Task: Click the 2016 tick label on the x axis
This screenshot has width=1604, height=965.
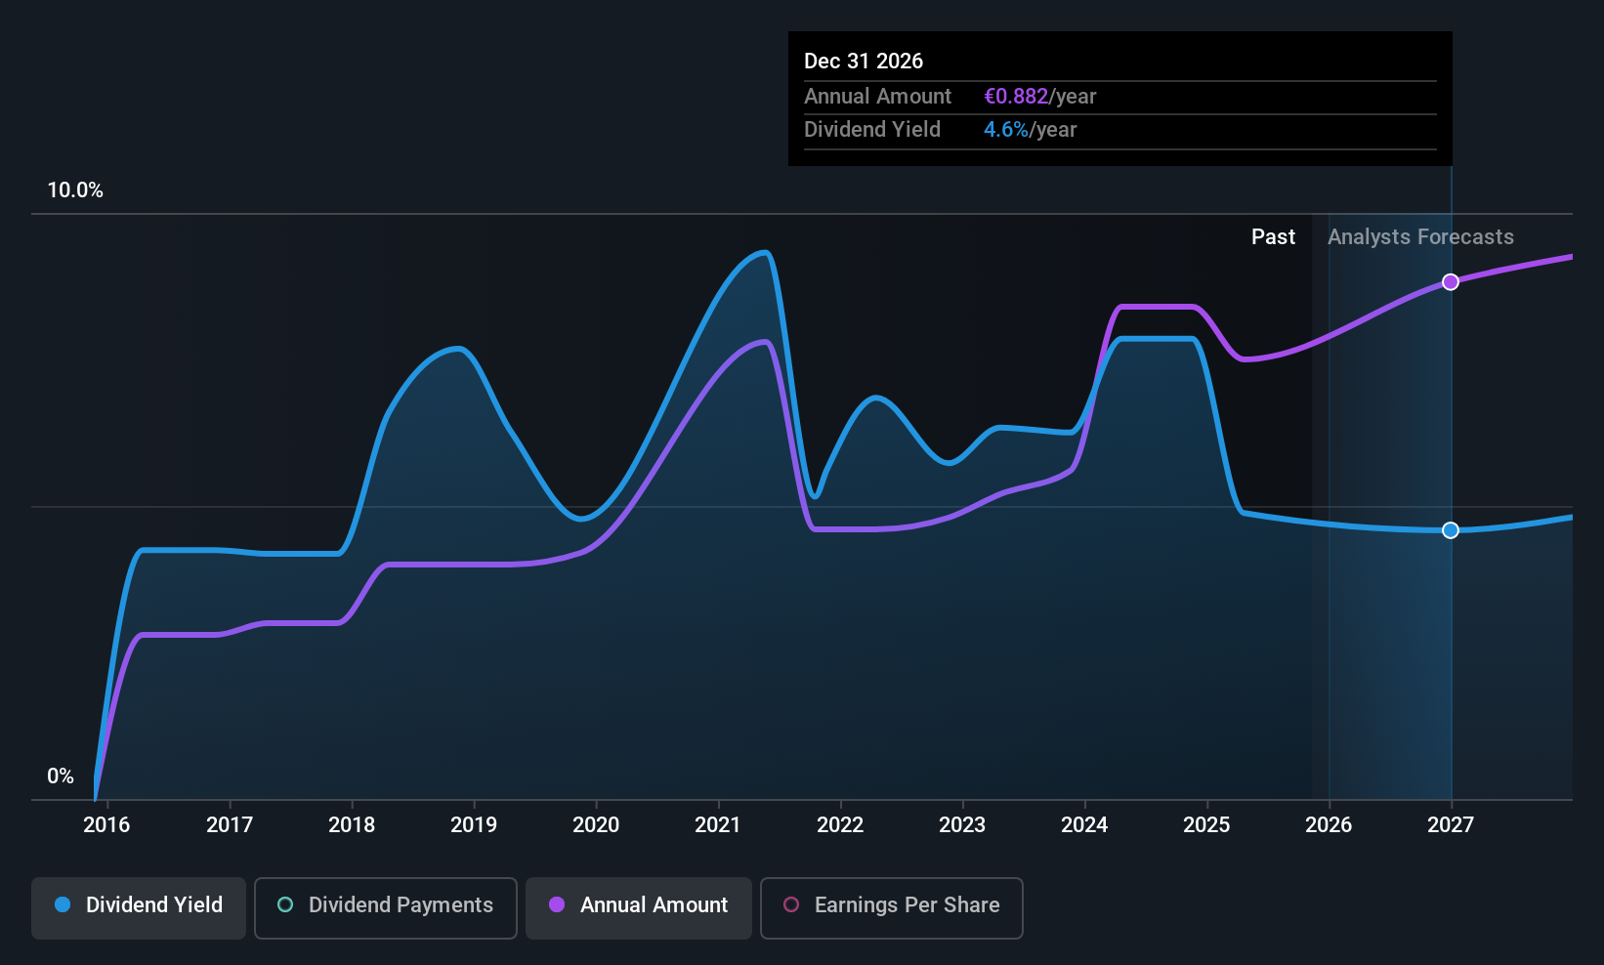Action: (x=106, y=825)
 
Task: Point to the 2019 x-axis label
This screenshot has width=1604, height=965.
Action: (x=474, y=825)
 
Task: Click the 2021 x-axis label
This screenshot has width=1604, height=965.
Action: (x=718, y=825)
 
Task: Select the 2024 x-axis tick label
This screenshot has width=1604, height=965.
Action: (x=1084, y=825)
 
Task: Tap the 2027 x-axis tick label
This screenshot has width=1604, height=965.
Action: (x=1451, y=825)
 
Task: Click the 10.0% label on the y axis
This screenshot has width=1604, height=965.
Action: (x=75, y=190)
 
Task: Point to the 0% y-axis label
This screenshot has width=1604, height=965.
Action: (x=61, y=776)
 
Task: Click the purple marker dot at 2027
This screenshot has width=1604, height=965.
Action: (x=1451, y=282)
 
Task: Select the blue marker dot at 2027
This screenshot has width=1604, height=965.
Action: (x=1451, y=530)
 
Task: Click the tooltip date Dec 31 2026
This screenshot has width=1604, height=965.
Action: (x=864, y=62)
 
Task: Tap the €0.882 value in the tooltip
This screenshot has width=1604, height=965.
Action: (x=1016, y=97)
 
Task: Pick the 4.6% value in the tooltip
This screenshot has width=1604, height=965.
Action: (x=1005, y=130)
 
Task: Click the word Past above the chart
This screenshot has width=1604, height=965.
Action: (x=1273, y=237)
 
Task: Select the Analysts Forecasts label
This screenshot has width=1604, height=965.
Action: (x=1420, y=237)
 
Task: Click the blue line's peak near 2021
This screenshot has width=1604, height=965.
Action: (x=765, y=253)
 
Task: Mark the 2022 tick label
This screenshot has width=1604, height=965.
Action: (x=840, y=825)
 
